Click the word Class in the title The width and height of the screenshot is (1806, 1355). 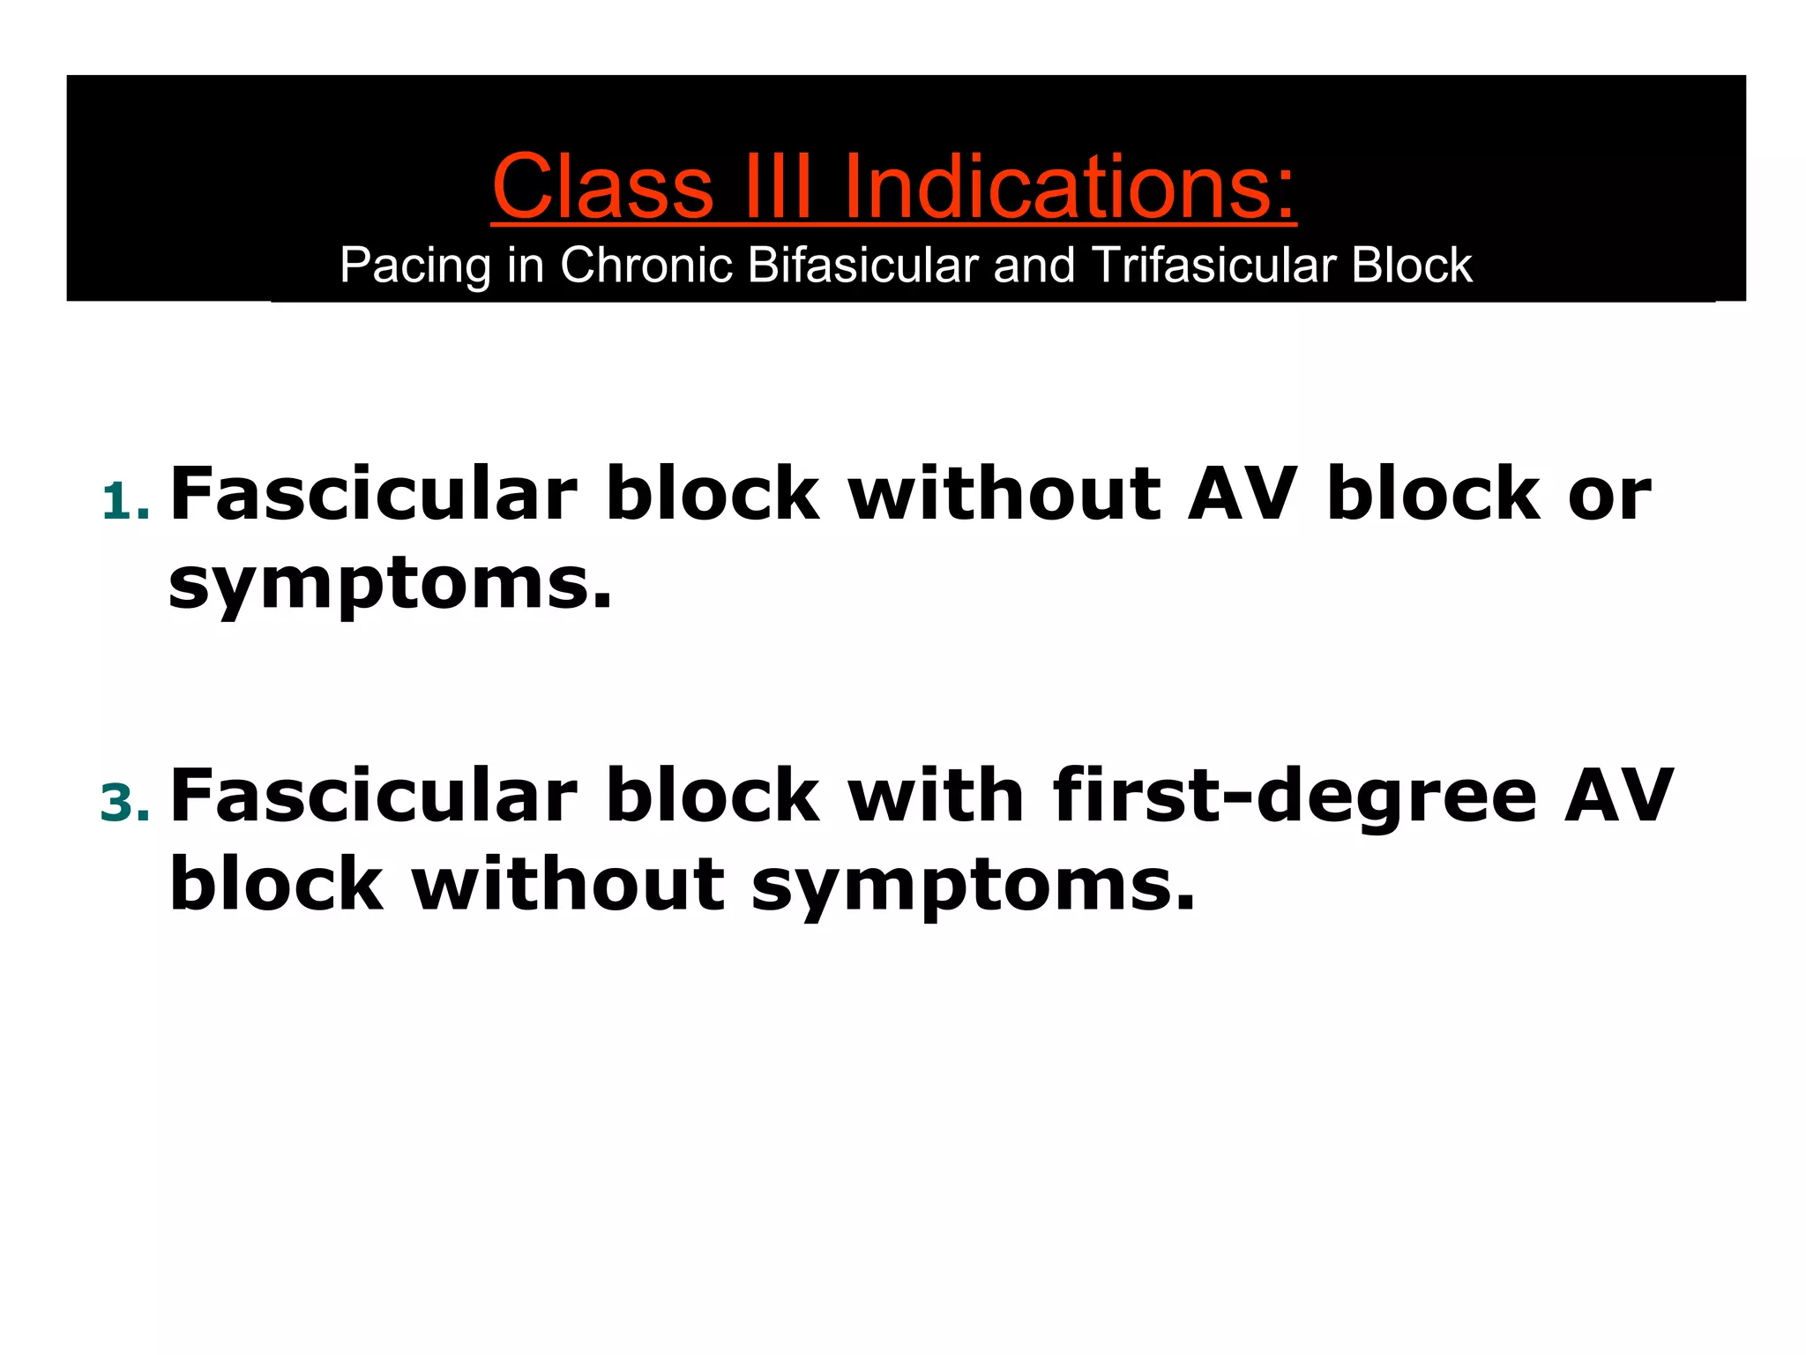(x=602, y=187)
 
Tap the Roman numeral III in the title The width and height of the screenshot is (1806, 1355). (x=776, y=187)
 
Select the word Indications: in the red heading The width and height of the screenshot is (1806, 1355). (x=1070, y=187)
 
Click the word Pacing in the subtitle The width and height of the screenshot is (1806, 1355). (x=414, y=266)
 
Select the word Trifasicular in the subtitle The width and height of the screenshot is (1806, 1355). (x=1213, y=265)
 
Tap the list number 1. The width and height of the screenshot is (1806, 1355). (x=124, y=503)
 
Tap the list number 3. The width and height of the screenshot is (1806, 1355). (x=124, y=804)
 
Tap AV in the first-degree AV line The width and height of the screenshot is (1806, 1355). (x=1618, y=796)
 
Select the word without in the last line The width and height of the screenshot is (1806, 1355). (x=568, y=885)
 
